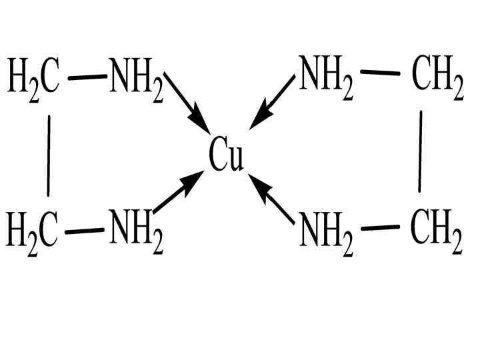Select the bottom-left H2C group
pos(33,231)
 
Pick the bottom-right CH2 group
pos(436,231)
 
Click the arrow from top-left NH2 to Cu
pos(187,99)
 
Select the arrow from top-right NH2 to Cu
pos(272,101)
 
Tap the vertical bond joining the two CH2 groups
pos(421,152)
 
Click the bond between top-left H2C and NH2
pos(87,77)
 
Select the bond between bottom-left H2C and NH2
pos(85,231)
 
